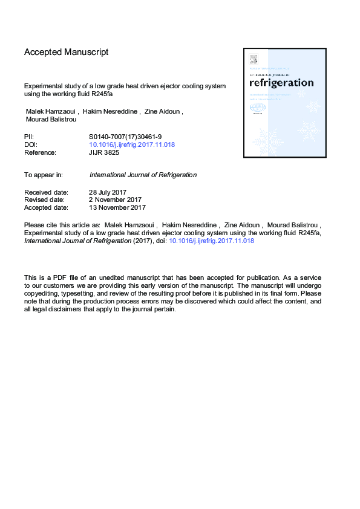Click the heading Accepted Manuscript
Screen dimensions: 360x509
tap(67, 52)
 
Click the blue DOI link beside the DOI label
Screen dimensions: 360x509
tap(132, 145)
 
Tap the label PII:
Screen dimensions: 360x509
tap(30, 137)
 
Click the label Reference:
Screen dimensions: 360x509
tap(40, 153)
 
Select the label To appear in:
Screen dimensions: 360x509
tap(44, 175)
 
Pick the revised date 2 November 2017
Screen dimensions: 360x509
tap(116, 199)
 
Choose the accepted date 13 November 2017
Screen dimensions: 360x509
tap(117, 207)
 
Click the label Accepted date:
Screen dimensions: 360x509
tap(46, 207)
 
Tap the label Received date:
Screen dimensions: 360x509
tap(46, 192)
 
